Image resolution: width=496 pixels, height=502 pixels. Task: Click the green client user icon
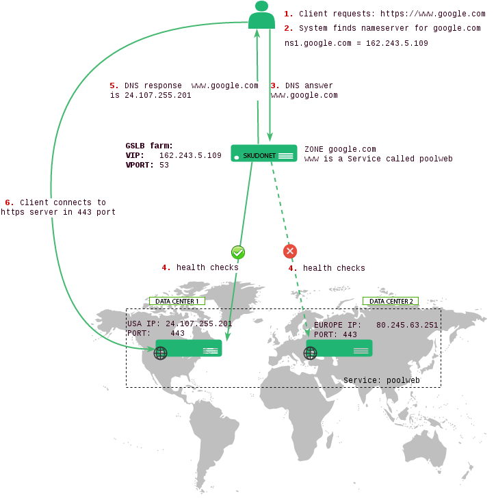coord(261,15)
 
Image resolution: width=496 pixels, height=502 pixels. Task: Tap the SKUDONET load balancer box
coord(264,153)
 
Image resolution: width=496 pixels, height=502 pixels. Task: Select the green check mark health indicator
coord(238,252)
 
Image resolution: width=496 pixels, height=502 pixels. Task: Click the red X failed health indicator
coord(290,251)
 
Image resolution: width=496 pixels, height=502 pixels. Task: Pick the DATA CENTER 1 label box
coord(177,301)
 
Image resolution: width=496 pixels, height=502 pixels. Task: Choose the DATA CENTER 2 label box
coord(391,301)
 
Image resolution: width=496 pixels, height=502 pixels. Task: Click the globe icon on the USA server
coord(160,353)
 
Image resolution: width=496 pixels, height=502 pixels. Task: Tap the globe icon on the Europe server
coord(311,353)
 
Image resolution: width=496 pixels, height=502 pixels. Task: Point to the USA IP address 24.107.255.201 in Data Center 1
coord(198,323)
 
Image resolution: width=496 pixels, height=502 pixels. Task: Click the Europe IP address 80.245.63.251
coord(407,325)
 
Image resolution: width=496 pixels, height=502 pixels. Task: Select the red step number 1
coord(288,14)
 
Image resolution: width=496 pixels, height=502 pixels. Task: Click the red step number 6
coord(10,202)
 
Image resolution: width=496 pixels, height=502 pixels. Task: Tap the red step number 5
coord(114,85)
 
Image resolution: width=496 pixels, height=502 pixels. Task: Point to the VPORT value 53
coord(164,165)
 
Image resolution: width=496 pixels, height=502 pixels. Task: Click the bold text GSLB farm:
coord(149,146)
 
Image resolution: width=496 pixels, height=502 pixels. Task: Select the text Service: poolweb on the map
coord(381,380)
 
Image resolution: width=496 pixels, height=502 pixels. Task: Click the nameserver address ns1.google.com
coord(317,43)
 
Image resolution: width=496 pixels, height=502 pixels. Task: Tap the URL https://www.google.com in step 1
coord(432,14)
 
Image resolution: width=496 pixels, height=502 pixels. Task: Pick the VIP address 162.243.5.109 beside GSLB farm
coord(190,155)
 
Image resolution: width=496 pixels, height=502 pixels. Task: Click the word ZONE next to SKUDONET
coord(314,149)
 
